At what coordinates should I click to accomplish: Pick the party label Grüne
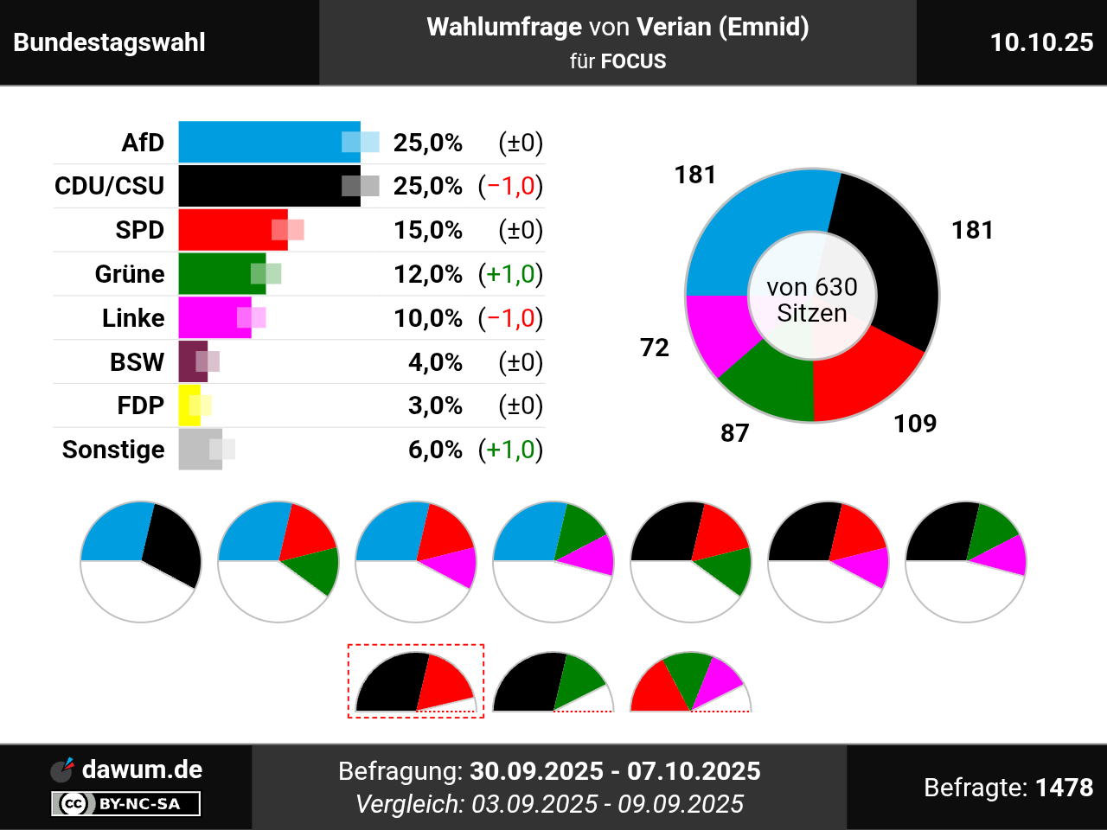[130, 274]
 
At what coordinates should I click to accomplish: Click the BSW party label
[137, 362]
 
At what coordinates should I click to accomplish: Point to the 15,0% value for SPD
[428, 230]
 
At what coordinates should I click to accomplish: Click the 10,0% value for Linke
[428, 318]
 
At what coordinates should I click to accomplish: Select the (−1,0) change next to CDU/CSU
[511, 186]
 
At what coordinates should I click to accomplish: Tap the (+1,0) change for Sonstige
[511, 450]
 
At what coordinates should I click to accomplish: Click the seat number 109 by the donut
[915, 424]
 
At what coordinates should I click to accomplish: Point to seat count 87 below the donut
[735, 433]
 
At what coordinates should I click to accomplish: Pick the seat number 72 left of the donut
[655, 348]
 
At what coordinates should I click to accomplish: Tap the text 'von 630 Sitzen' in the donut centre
[812, 300]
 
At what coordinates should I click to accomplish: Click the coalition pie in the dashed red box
[416, 684]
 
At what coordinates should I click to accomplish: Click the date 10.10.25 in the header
[1041, 42]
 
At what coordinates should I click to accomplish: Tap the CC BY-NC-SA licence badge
[126, 804]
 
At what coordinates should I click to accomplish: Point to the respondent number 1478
[1064, 788]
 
